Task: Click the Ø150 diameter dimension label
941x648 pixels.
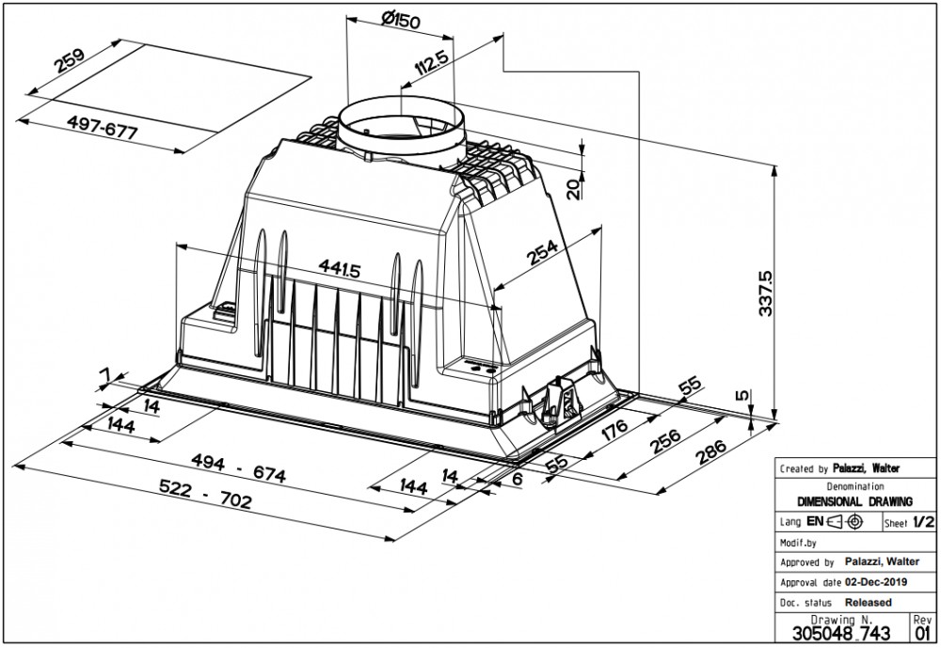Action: pyautogui.click(x=400, y=21)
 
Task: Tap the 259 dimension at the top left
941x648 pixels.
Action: pyautogui.click(x=71, y=59)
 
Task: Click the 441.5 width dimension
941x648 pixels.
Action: pyautogui.click(x=339, y=268)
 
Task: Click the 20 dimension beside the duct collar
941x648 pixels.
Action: pyautogui.click(x=574, y=189)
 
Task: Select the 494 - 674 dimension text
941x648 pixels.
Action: pyautogui.click(x=238, y=468)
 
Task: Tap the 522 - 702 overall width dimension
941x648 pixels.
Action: pyautogui.click(x=206, y=494)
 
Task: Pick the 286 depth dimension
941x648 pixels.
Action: pyautogui.click(x=710, y=451)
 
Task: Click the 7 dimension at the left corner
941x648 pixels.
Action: pyautogui.click(x=105, y=375)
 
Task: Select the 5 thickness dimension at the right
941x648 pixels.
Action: pyautogui.click(x=743, y=395)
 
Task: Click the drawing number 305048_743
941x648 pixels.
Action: pyautogui.click(x=841, y=633)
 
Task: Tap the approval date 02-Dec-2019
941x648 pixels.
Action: pyautogui.click(x=875, y=582)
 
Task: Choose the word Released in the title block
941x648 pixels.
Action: pyautogui.click(x=869, y=602)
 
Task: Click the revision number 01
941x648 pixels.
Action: pyautogui.click(x=923, y=633)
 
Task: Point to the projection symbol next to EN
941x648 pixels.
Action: pyautogui.click(x=845, y=522)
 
